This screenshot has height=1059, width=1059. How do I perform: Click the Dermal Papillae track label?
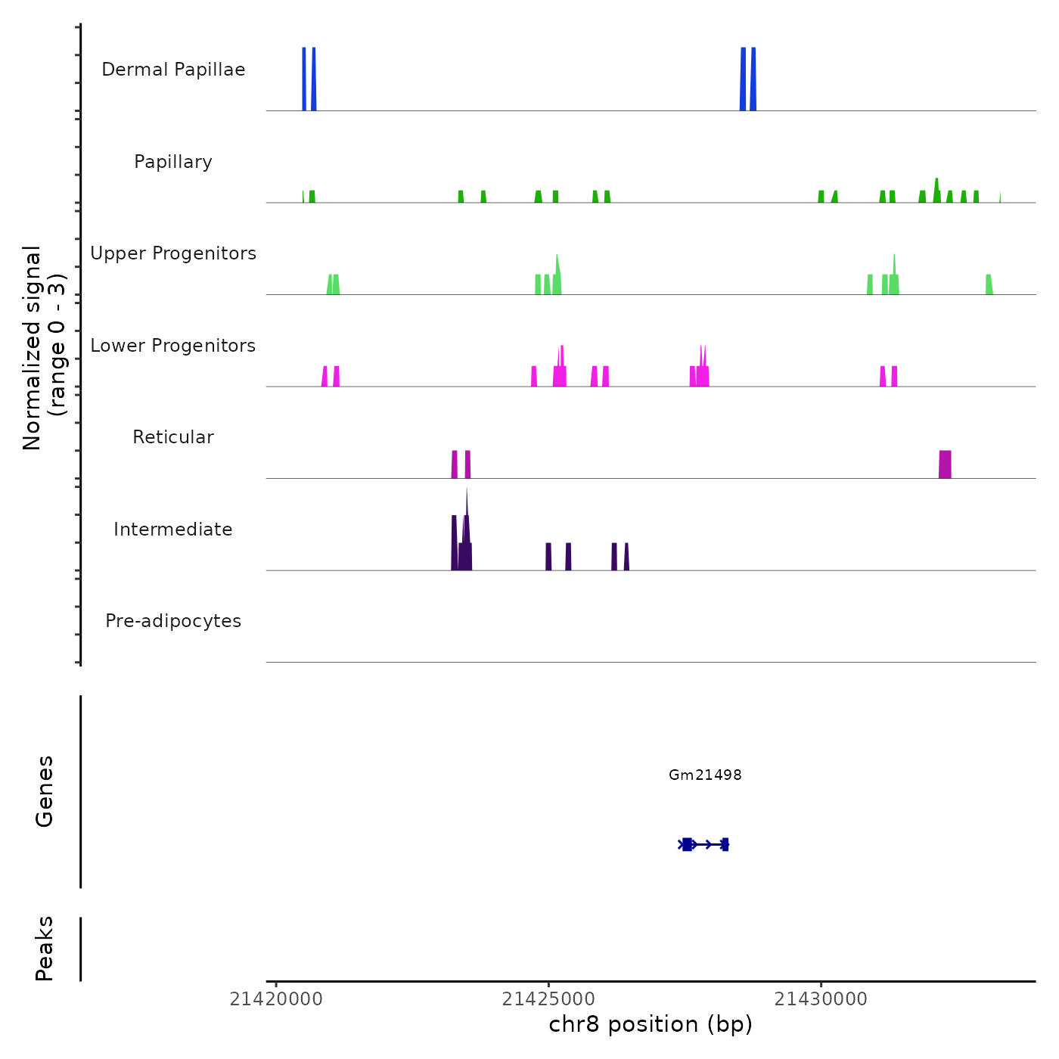click(173, 70)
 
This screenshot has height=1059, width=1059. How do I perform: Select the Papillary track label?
click(173, 162)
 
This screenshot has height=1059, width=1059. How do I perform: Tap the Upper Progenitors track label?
click(173, 253)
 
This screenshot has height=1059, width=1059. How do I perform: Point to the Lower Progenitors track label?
click(173, 346)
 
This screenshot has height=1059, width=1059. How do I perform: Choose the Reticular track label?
click(173, 437)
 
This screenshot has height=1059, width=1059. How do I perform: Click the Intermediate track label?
click(173, 529)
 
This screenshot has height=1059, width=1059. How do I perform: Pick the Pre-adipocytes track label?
click(173, 621)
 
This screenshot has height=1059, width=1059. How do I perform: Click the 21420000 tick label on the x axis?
click(276, 999)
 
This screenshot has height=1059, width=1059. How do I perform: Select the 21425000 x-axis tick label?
click(548, 999)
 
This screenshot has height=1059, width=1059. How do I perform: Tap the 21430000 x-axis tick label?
click(821, 999)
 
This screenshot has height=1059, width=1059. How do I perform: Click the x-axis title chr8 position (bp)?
click(651, 1024)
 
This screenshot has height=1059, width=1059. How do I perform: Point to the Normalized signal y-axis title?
click(44, 348)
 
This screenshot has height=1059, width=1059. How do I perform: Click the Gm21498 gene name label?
click(705, 775)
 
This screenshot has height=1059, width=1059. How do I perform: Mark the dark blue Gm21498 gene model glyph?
click(703, 844)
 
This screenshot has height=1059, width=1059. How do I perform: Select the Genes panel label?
click(44, 791)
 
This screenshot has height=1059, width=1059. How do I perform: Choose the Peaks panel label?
click(44, 949)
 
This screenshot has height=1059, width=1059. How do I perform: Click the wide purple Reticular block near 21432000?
click(945, 464)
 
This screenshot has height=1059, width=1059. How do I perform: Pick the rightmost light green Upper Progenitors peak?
click(989, 284)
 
